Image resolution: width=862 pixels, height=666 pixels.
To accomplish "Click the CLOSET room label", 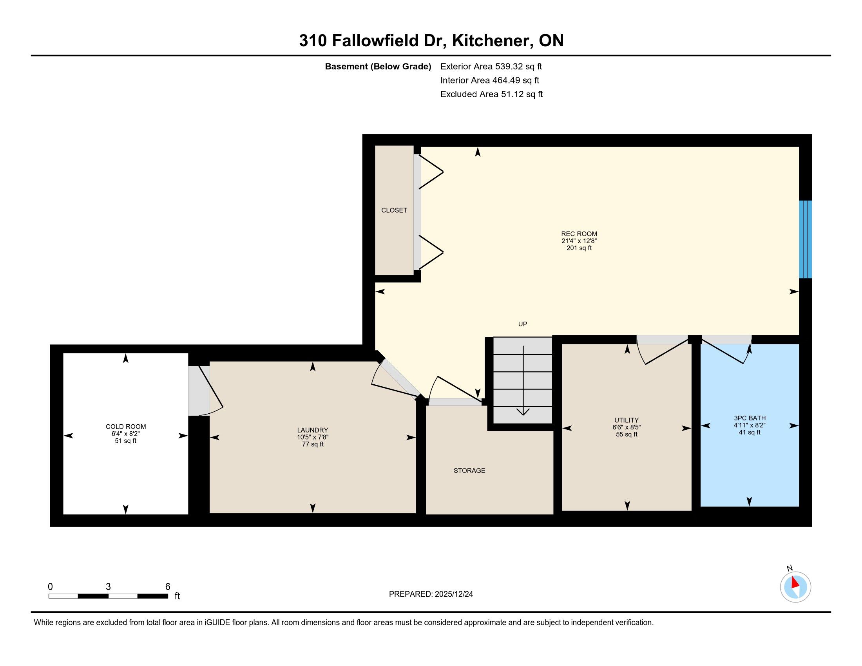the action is [394, 210].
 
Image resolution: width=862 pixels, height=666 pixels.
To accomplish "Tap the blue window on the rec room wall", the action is [805, 239].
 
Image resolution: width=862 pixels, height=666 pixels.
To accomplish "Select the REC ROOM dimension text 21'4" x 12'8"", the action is [579, 241].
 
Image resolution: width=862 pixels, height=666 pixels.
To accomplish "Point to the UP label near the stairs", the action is [523, 324].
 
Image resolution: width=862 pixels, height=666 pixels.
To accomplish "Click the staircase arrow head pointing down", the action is [523, 412].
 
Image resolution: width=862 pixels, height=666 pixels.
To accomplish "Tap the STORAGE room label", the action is [469, 470].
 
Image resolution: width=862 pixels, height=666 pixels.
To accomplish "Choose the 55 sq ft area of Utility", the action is [627, 434].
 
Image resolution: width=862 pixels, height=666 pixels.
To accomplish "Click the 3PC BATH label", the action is [750, 418].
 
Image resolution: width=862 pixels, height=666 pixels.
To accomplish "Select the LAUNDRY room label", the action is [313, 430].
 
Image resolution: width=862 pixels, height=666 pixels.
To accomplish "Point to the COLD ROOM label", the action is [126, 427].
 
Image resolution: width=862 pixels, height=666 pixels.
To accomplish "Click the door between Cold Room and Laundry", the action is [205, 391].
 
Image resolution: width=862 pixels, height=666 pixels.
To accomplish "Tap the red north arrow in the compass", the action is [795, 582].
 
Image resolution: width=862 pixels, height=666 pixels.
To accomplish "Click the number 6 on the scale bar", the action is [168, 587].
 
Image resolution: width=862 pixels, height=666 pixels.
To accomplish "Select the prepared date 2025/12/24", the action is [454, 594].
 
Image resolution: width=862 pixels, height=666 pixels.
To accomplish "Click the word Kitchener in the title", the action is [491, 41].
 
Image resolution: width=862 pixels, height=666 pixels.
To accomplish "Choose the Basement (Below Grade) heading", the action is [378, 66].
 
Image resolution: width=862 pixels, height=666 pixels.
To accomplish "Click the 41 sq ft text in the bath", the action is [750, 433].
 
